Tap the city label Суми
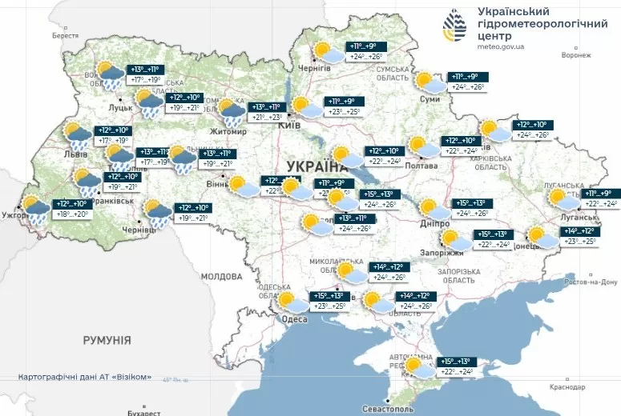point(429,99)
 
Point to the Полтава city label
point(421,166)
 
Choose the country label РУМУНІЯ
point(107,340)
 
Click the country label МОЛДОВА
point(221,276)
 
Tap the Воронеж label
point(575,55)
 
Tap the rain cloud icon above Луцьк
point(110,75)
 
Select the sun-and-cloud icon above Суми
point(429,82)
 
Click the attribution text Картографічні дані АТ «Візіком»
point(85,376)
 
